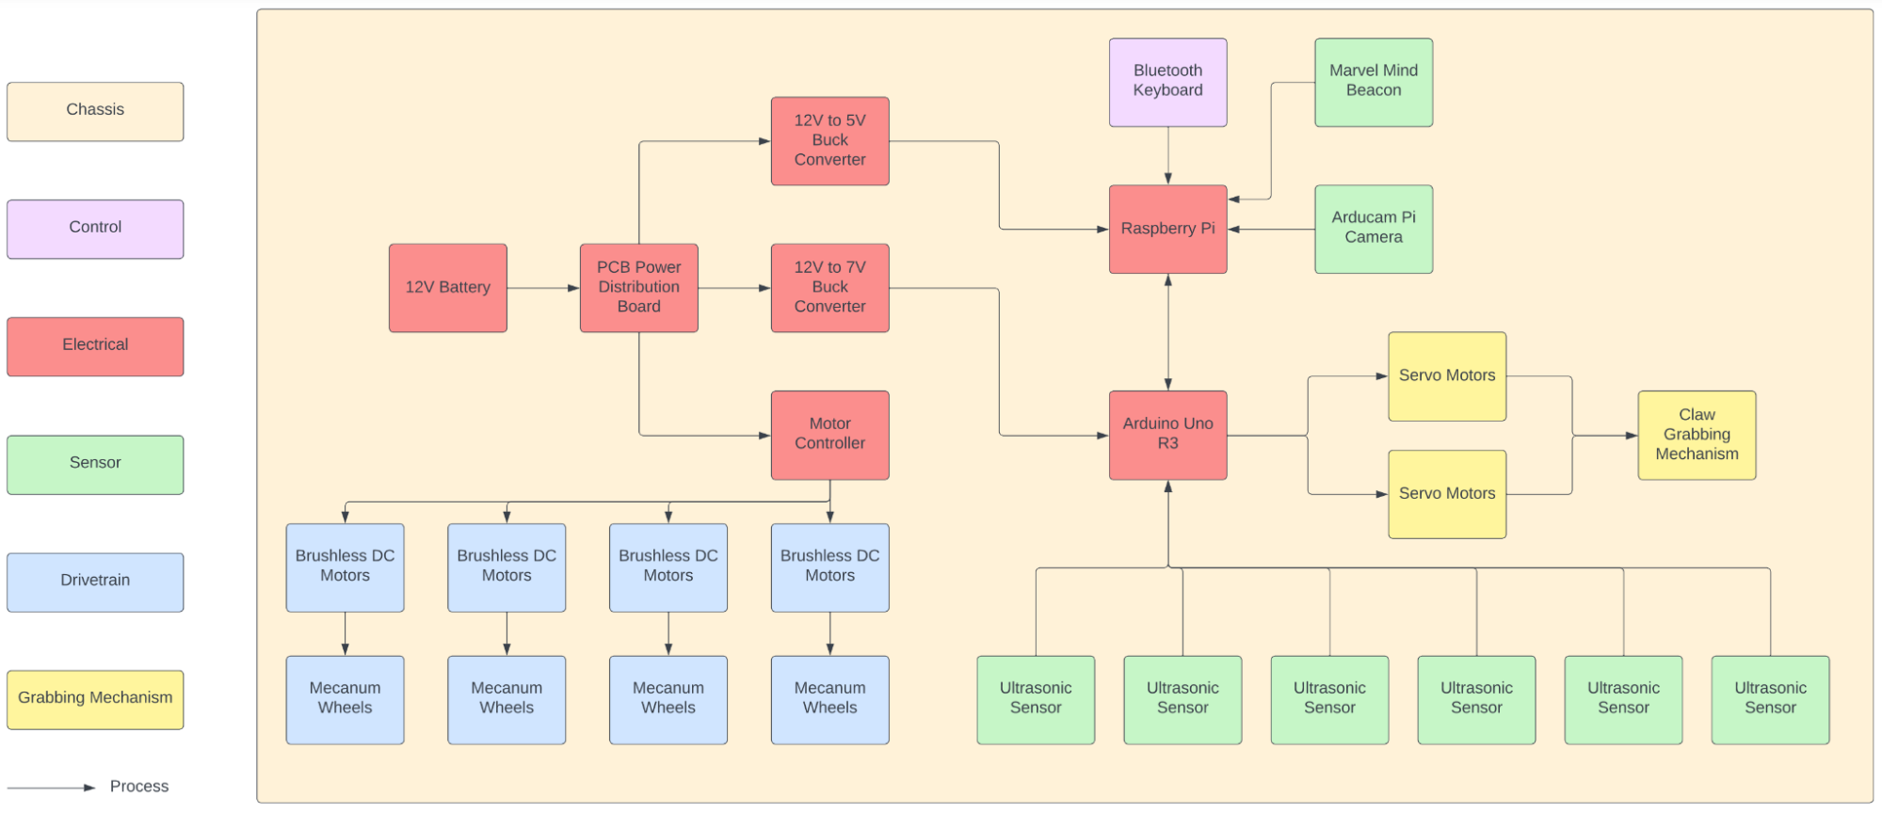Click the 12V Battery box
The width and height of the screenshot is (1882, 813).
pos(447,288)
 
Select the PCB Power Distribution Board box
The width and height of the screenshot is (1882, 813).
pos(638,288)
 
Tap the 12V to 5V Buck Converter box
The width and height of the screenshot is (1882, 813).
pos(829,141)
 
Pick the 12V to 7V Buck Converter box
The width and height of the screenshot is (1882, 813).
pos(829,288)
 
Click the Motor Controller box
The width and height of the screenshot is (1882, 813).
pos(829,435)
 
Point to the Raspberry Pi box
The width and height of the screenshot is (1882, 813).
pos(1167,229)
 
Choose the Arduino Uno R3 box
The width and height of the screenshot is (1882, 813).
pos(1167,435)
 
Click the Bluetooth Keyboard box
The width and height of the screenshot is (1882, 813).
pos(1167,82)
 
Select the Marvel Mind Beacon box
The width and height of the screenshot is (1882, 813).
pos(1374,82)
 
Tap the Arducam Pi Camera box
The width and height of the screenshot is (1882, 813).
pos(1374,229)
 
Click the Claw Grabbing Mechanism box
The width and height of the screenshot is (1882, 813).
pos(1697,435)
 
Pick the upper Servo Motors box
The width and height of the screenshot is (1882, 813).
pos(1447,376)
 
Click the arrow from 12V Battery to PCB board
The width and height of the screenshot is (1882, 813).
pos(543,288)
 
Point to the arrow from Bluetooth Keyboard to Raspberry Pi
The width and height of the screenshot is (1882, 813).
pos(1168,155)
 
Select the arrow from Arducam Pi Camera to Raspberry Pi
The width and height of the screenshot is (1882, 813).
pos(1271,229)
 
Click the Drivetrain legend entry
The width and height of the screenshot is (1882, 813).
pos(95,582)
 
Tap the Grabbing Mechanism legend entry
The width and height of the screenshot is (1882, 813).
pos(95,699)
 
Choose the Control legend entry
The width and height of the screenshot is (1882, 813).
pos(95,229)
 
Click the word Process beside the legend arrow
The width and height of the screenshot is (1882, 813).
pos(139,786)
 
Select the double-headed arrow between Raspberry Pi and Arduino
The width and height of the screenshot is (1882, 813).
pos(1168,332)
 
